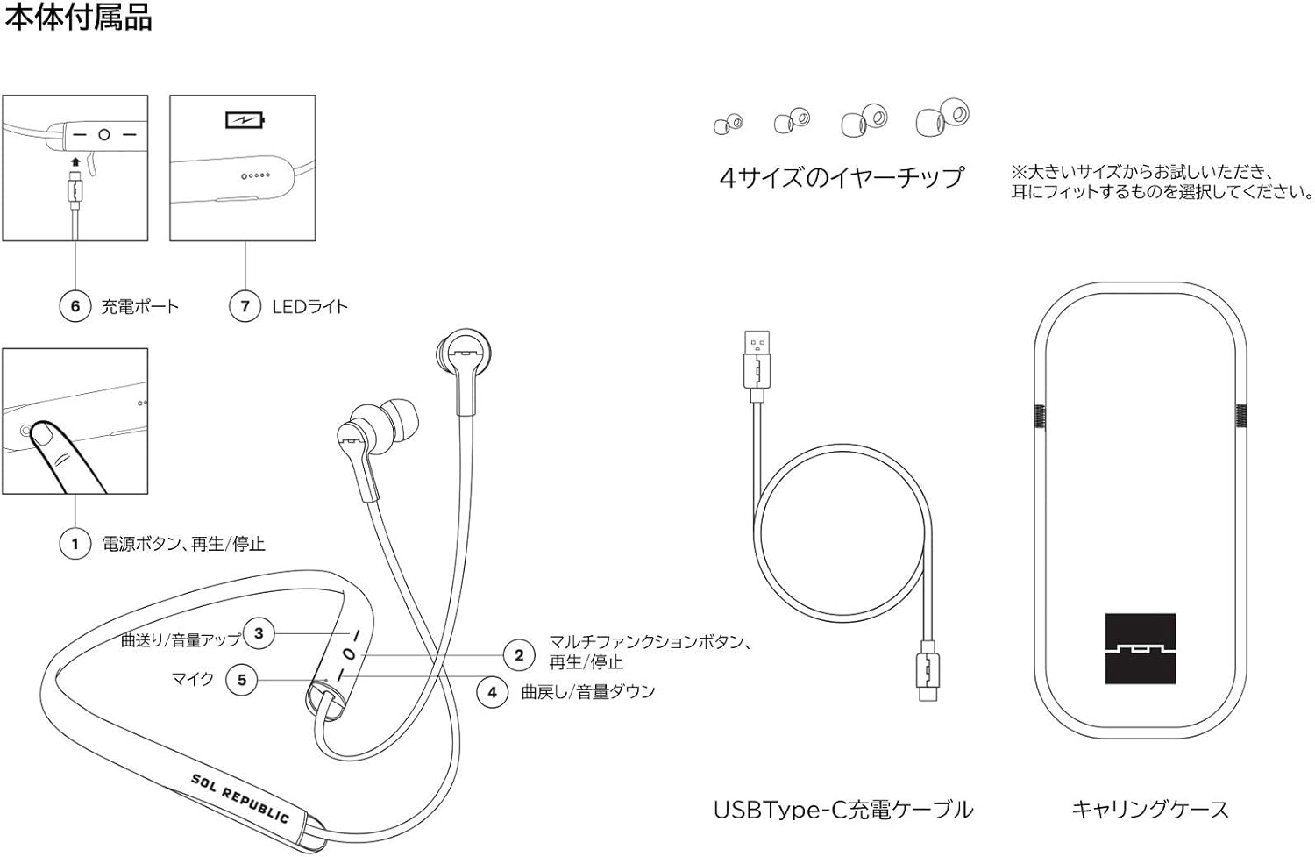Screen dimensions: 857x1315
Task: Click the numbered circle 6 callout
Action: point(75,306)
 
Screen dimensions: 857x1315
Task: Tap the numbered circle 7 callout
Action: point(245,306)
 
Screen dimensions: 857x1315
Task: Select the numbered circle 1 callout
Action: point(75,544)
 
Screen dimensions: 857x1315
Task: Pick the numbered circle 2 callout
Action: point(519,654)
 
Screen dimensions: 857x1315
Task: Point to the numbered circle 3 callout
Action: point(259,633)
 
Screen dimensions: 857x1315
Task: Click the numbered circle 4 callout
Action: point(493,692)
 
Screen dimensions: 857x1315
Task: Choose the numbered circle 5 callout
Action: point(242,680)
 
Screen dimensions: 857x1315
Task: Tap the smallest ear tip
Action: point(728,125)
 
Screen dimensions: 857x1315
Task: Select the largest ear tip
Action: point(942,118)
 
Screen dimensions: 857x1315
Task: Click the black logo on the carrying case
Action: point(1140,648)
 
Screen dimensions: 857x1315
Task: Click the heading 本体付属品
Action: point(79,18)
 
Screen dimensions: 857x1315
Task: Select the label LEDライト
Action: point(309,307)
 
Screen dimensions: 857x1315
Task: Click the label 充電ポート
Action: point(140,307)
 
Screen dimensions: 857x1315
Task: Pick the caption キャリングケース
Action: point(1150,809)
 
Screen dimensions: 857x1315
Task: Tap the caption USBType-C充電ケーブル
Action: point(843,809)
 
